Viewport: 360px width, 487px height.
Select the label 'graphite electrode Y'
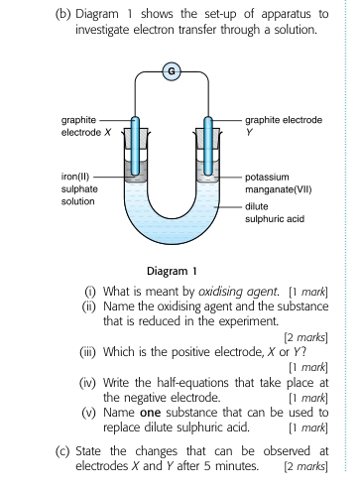285,125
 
